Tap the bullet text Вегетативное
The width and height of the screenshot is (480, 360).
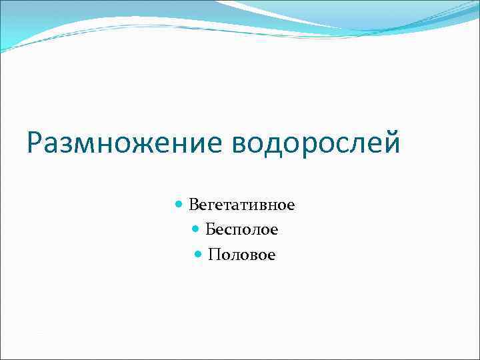[241, 205]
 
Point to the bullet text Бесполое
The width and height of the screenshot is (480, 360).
[241, 230]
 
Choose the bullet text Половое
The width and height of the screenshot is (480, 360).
[241, 255]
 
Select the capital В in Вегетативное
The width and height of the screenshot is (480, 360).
[193, 205]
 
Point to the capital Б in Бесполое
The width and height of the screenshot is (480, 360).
[210, 230]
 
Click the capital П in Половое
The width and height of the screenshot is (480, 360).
[213, 255]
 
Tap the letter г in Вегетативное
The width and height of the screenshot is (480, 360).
[212, 206]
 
